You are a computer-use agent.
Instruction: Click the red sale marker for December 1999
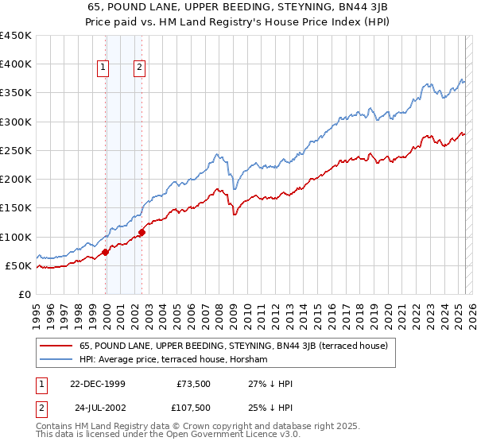[106, 252]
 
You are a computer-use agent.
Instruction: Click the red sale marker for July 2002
[142, 232]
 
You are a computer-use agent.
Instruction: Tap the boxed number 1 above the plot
[103, 68]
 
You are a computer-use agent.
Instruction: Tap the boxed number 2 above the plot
[139, 68]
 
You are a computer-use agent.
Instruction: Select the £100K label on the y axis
[16, 237]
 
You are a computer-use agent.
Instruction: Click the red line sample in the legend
[56, 346]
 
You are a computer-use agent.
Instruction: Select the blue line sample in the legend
[56, 360]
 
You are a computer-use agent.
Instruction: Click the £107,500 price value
[193, 408]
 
